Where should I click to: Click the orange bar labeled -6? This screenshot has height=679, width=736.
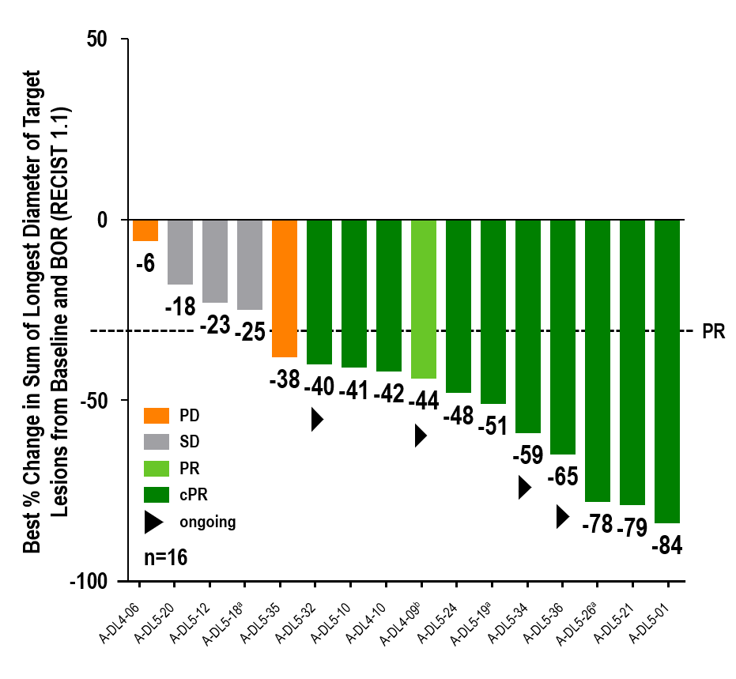145,230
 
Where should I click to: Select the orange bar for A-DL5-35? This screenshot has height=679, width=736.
285,288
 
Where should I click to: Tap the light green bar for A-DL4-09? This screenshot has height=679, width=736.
424,299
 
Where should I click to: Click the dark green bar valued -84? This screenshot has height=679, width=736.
667,371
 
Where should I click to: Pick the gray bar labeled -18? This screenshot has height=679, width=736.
180,251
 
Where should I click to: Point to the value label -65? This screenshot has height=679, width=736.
564,477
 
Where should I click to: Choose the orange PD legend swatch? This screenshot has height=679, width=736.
157,415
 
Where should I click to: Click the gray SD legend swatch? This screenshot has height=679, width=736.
157,440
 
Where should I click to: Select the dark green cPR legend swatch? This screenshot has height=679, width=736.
157,495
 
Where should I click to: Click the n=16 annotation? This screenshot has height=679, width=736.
165,557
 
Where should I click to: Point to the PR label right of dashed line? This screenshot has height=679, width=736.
714,331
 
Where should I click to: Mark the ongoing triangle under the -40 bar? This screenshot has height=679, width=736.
317,419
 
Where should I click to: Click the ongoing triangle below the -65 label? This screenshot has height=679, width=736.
562,515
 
